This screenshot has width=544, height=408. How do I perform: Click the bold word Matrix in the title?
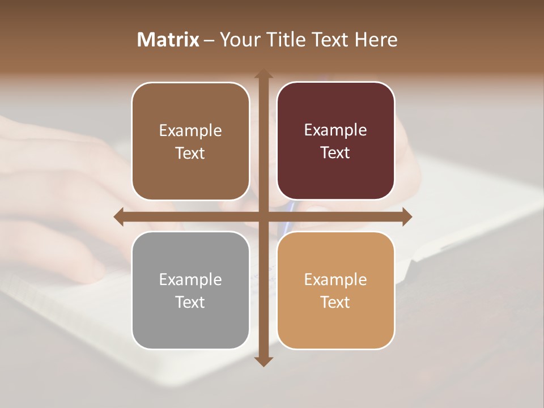click(x=168, y=40)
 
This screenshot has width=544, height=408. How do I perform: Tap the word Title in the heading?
click(x=286, y=40)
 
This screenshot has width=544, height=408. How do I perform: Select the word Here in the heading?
click(x=376, y=40)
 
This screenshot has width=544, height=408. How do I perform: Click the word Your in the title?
click(x=240, y=40)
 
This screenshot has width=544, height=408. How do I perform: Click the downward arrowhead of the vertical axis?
click(x=263, y=362)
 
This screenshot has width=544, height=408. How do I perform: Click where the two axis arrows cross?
click(x=263, y=216)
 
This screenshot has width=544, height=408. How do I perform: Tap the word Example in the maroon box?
click(x=335, y=130)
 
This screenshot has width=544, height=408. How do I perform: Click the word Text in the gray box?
click(x=190, y=302)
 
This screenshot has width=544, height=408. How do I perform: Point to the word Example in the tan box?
click(x=335, y=279)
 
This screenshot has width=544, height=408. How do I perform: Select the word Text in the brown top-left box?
click(x=190, y=153)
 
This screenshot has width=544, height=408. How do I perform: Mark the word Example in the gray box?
click(x=190, y=279)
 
